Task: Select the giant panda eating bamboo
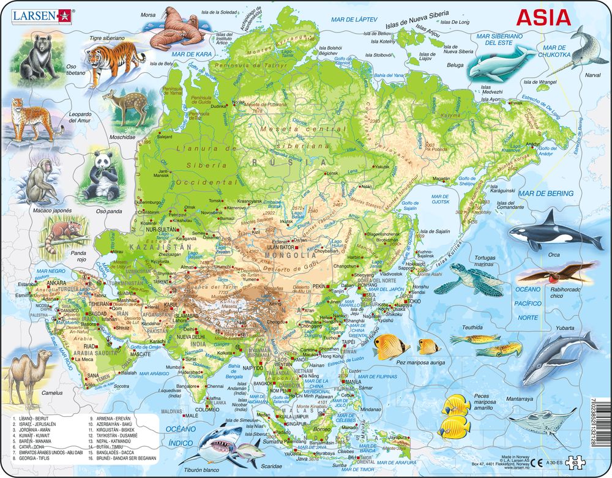click(99, 176)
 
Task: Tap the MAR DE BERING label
click(547, 193)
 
